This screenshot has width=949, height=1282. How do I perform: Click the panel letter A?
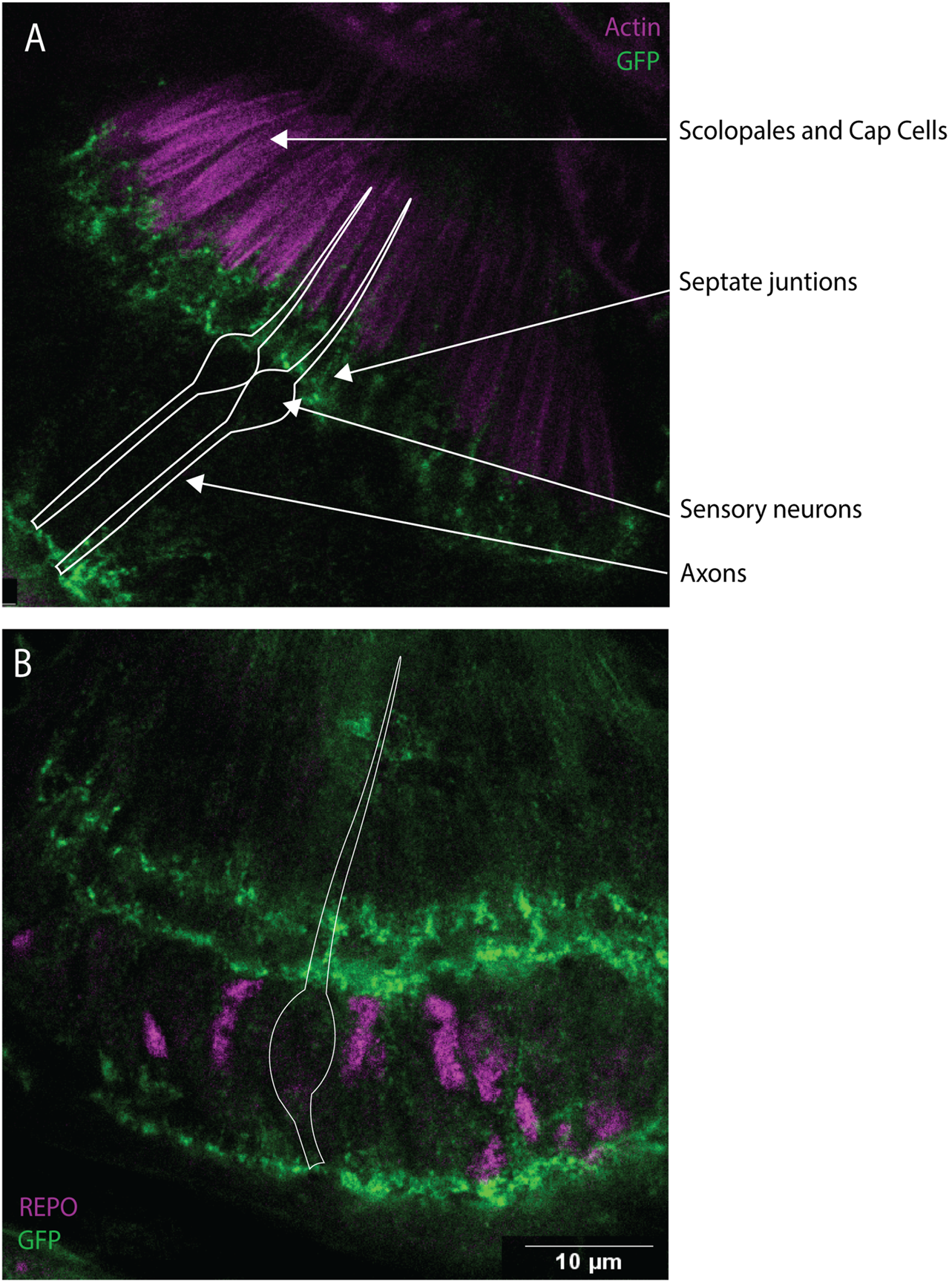pos(35,38)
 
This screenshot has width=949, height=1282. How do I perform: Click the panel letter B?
pos(23,664)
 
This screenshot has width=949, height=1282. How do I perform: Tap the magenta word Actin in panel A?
pos(632,27)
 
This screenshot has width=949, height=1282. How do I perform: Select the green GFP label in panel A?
pos(637,60)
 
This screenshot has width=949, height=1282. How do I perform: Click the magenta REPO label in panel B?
pos(48,1207)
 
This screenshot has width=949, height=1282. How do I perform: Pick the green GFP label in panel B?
pos(39,1239)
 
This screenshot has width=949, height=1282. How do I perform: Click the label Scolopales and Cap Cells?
pos(812,131)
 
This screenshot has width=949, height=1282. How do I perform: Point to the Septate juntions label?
pos(768,282)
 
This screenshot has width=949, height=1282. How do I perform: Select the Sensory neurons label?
pos(771,509)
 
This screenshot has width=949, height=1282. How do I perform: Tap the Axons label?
pos(714,573)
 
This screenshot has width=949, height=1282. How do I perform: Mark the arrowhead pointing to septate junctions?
pos(341,374)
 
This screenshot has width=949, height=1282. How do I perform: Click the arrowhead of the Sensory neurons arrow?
pos(292,407)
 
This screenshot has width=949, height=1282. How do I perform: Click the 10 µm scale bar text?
pos(588,1261)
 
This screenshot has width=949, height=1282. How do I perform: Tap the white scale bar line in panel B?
pos(589,1246)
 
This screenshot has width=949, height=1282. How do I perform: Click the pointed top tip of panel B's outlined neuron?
pos(400,658)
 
